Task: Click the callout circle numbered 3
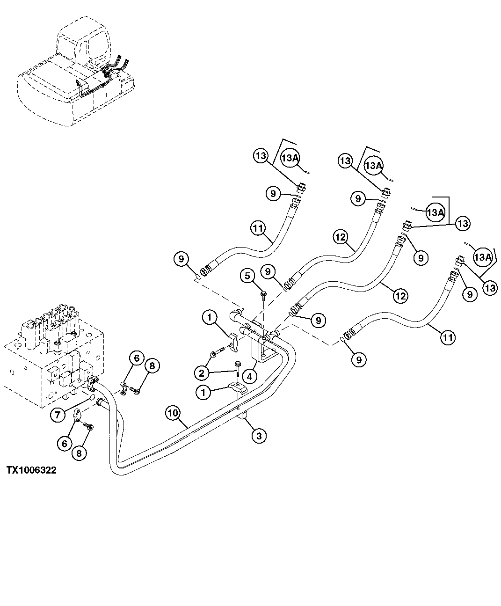pyautogui.click(x=259, y=436)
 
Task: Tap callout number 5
pyautogui.click(x=248, y=276)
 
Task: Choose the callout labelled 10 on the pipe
pyautogui.click(x=173, y=413)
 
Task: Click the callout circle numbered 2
pyautogui.click(x=202, y=373)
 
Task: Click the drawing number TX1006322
pyautogui.click(x=31, y=470)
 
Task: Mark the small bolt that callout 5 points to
pyautogui.click(x=263, y=294)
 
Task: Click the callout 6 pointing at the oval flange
pyautogui.click(x=65, y=442)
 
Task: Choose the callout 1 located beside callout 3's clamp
pyautogui.click(x=203, y=392)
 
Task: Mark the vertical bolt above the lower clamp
pyautogui.click(x=238, y=367)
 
